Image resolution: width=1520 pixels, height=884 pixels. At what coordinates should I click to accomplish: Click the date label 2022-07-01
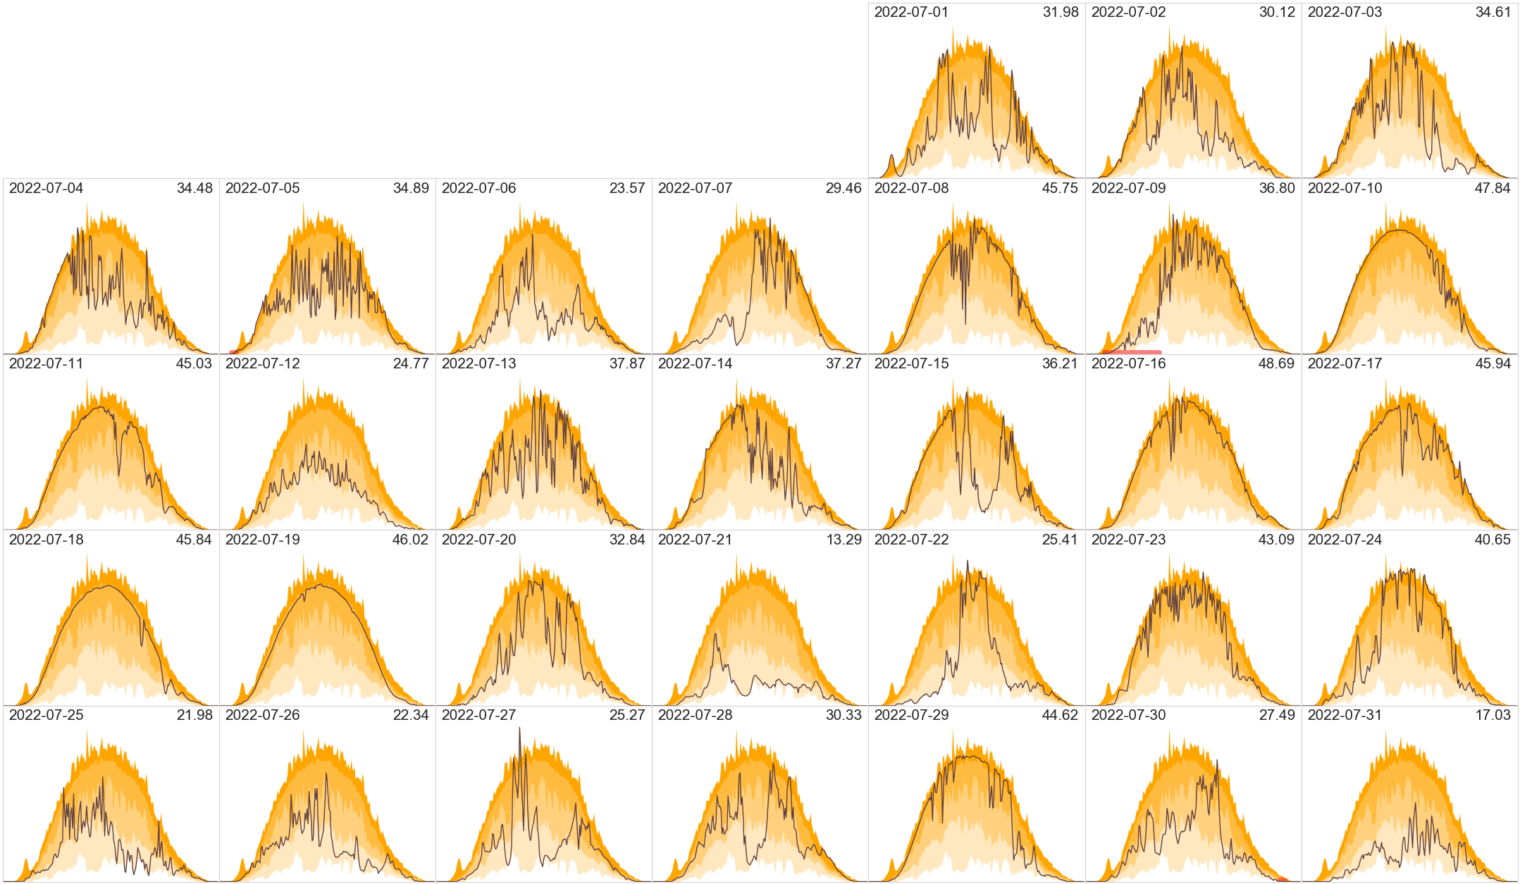coord(911,12)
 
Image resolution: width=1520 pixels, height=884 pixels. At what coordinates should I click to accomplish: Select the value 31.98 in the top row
coord(1061,12)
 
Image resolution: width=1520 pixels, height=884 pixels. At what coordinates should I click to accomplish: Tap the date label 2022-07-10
coord(1345,188)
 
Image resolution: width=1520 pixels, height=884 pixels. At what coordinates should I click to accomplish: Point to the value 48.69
coord(1277,363)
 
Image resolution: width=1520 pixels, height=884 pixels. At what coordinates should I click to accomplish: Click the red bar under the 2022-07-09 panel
coord(1132,352)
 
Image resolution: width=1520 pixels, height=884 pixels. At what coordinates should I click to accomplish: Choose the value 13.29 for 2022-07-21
coord(844,540)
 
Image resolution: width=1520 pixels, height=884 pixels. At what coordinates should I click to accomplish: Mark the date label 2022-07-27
coord(478,715)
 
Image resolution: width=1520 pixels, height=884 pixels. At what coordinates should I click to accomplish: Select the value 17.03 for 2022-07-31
coord(1493,715)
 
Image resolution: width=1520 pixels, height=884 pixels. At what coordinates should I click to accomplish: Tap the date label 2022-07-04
coord(46,188)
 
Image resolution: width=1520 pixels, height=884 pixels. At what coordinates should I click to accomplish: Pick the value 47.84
coord(1493,188)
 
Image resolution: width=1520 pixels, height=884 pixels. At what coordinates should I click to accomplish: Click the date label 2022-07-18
coord(46,540)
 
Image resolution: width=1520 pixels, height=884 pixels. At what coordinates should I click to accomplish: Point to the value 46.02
coord(411,540)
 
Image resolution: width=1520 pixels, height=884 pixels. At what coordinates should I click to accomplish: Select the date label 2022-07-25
coord(46,715)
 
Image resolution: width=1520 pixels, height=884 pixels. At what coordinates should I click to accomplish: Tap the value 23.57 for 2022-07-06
coord(627,188)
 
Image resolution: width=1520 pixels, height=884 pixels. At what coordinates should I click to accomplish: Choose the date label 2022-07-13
coord(478,363)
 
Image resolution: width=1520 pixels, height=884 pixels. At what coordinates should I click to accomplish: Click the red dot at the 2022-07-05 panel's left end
coord(233,352)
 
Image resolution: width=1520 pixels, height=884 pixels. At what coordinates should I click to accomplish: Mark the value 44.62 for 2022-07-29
coord(1061,715)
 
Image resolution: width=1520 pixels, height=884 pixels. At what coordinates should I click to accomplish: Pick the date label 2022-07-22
coord(911,540)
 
